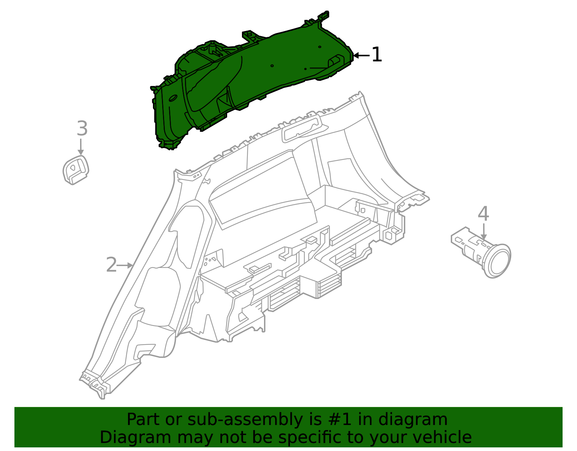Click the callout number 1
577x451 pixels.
click(376, 55)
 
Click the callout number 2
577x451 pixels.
click(111, 265)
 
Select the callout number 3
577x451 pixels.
click(82, 129)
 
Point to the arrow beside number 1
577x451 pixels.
click(361, 55)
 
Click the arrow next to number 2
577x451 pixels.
click(126, 265)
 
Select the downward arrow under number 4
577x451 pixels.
click(484, 231)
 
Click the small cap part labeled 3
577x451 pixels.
click(76, 169)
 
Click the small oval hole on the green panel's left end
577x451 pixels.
click(173, 97)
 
